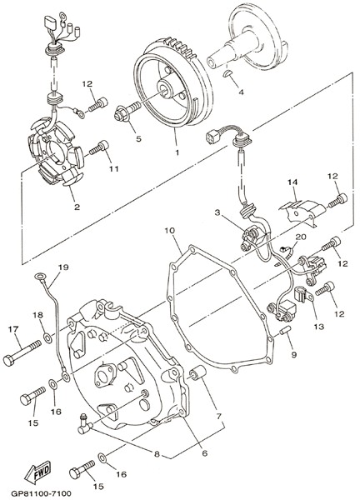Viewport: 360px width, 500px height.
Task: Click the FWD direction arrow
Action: pyautogui.click(x=37, y=472)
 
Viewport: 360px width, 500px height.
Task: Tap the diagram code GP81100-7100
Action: pyautogui.click(x=41, y=493)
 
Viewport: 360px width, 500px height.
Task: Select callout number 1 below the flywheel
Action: pyautogui.click(x=177, y=152)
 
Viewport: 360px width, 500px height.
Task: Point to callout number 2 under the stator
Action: pyautogui.click(x=77, y=207)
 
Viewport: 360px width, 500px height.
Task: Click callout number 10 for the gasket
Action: pyautogui.click(x=170, y=230)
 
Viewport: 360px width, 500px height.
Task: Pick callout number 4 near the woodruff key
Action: pyautogui.click(x=242, y=92)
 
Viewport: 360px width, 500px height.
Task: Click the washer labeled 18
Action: pyautogui.click(x=47, y=338)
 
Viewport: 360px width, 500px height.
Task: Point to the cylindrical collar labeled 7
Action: pyautogui.click(x=197, y=373)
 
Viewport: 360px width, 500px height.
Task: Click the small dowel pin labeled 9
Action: pyautogui.click(x=285, y=331)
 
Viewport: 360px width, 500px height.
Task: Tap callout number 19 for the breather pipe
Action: pyautogui.click(x=63, y=267)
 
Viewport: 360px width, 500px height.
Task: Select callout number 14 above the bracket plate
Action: pyautogui.click(x=292, y=182)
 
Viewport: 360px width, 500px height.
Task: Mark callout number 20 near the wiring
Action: pyautogui.click(x=301, y=237)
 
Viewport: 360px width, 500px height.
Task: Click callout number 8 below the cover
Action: pyautogui.click(x=157, y=454)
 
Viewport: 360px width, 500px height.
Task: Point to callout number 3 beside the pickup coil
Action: pyautogui.click(x=217, y=212)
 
